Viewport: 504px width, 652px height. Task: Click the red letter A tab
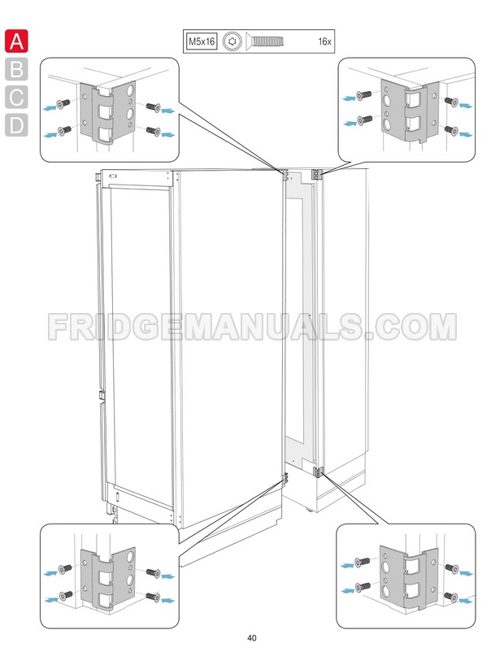(x=16, y=41)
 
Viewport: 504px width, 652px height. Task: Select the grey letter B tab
(x=16, y=69)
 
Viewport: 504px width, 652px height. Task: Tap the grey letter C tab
(x=16, y=97)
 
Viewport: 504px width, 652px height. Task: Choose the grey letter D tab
(x=16, y=124)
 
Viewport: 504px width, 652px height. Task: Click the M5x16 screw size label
(x=202, y=41)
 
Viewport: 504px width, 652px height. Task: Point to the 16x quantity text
(x=324, y=41)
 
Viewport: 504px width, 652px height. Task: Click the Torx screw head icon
(x=232, y=41)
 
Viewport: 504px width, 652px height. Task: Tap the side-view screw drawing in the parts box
(x=265, y=41)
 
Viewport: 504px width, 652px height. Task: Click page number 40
(x=251, y=638)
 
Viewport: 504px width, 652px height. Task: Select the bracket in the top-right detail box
(x=410, y=111)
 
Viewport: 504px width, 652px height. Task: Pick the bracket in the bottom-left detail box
(x=107, y=578)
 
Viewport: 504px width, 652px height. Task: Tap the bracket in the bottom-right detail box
(x=409, y=578)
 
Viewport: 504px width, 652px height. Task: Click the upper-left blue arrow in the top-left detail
(x=50, y=108)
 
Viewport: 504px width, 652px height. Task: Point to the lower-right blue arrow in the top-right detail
(x=465, y=134)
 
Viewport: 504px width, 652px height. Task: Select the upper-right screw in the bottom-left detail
(x=154, y=573)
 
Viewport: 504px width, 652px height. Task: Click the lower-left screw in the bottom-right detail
(x=363, y=587)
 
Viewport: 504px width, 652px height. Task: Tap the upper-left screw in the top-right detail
(x=364, y=95)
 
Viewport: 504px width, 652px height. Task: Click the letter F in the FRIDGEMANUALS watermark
(x=58, y=327)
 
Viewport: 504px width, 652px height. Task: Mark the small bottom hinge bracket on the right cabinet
(x=318, y=472)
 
